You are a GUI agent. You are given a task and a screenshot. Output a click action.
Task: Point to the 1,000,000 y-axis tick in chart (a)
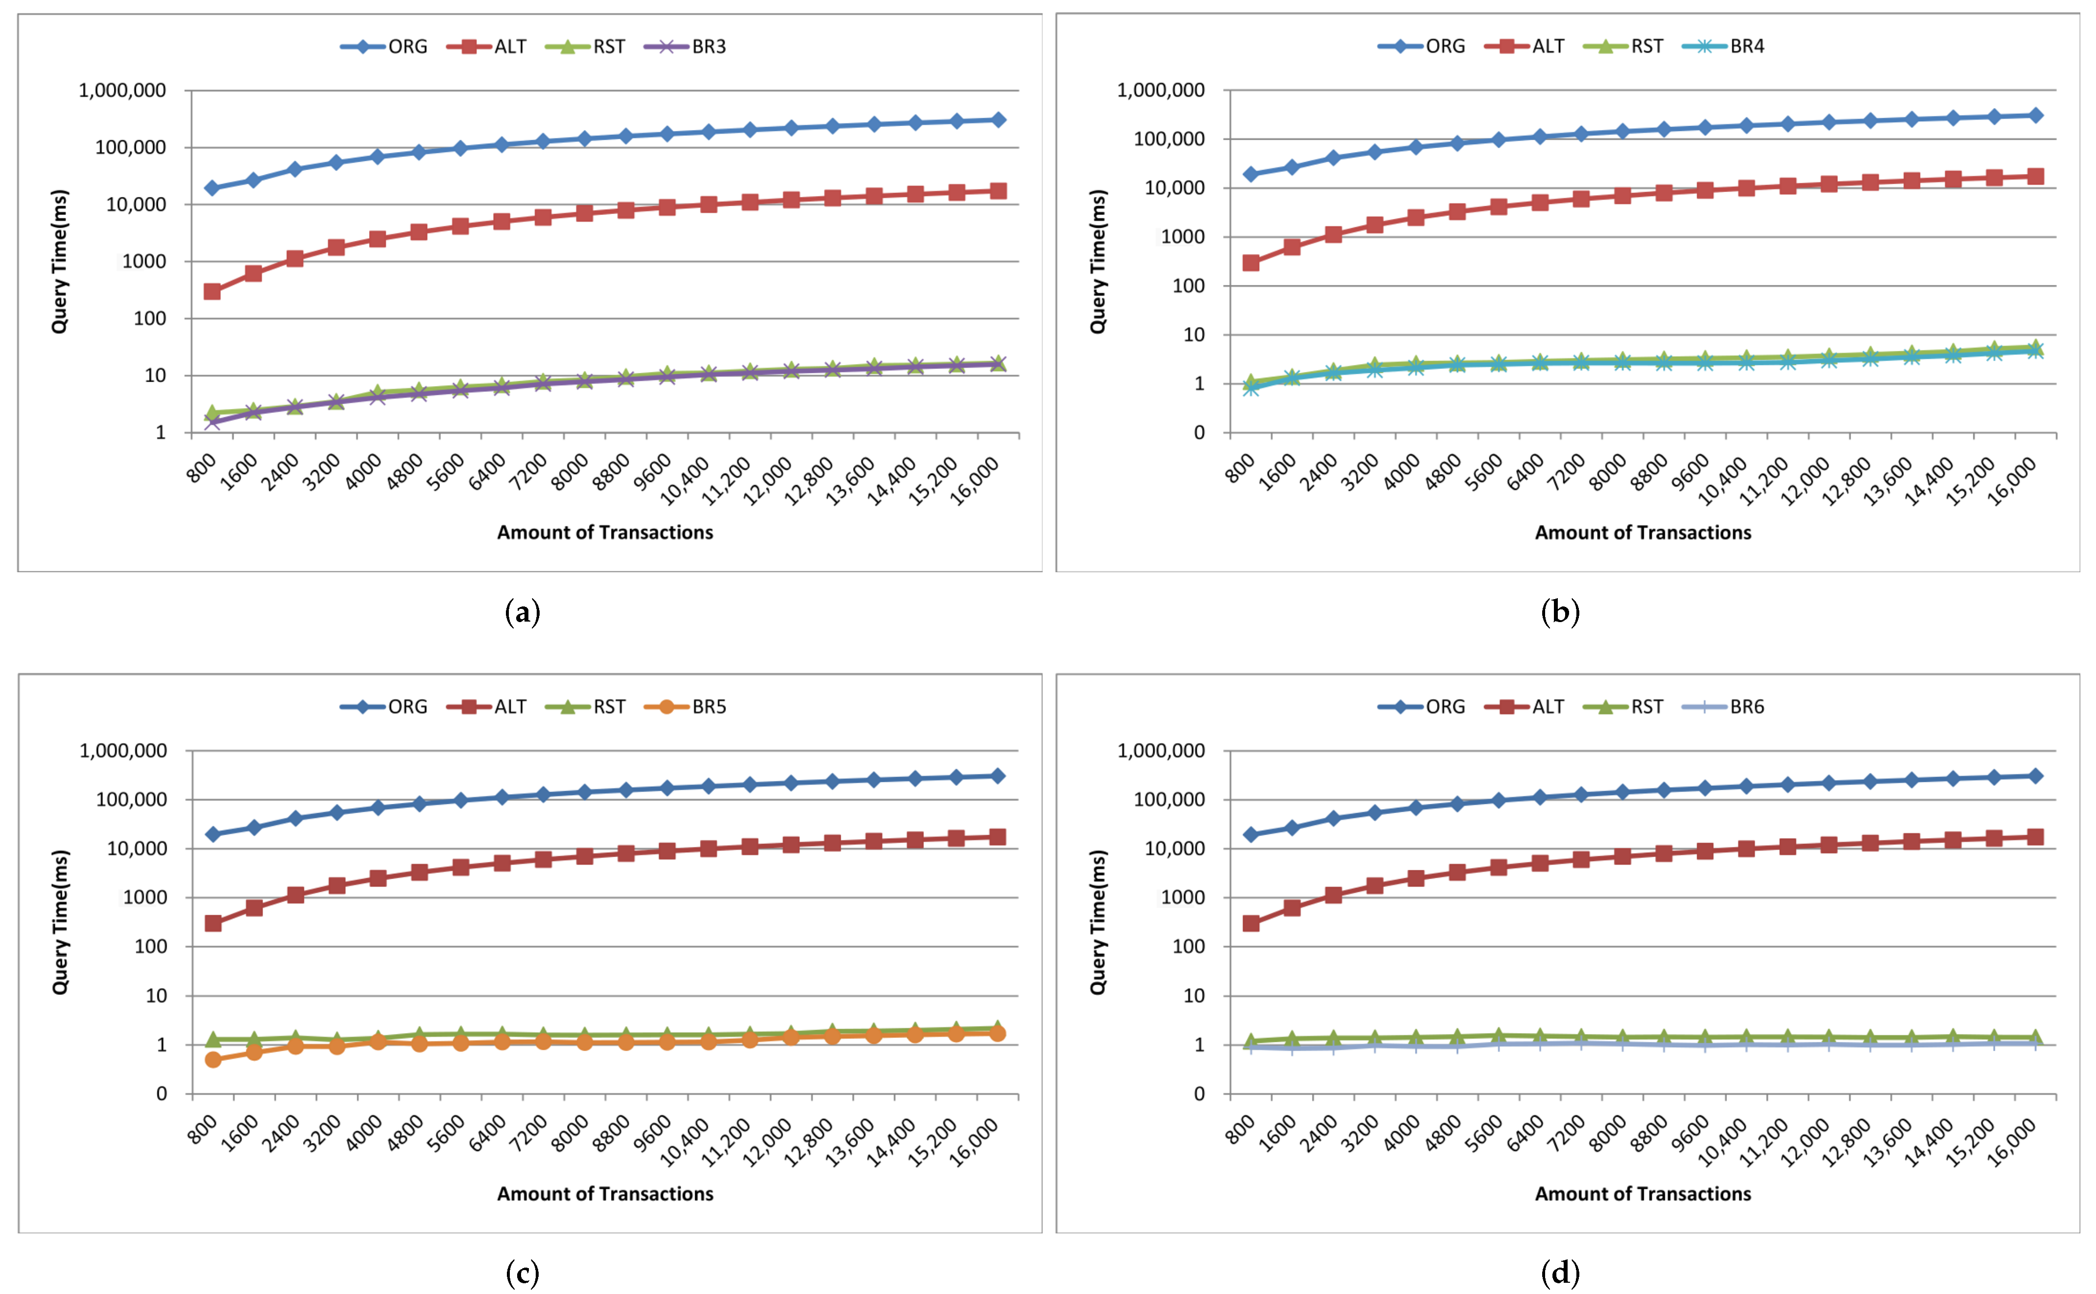pos(122,91)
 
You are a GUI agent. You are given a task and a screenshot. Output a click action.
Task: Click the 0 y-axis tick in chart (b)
pos(1199,433)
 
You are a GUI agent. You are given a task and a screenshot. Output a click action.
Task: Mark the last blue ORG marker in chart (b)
pos(2035,115)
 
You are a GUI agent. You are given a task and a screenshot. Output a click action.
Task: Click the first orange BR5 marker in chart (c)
pos(213,1059)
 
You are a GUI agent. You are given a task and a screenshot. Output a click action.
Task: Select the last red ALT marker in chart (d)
pos(2035,837)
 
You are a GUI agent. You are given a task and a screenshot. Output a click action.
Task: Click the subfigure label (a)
pos(523,613)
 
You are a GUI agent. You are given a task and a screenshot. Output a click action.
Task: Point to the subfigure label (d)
pos(1559,1273)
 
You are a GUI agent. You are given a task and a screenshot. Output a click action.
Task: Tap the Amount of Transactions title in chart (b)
pos(1642,532)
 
